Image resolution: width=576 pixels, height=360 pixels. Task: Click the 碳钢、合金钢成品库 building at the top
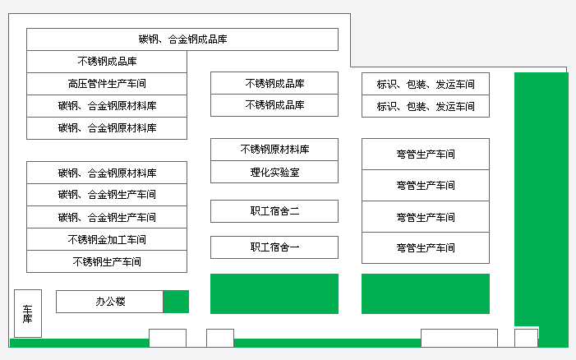coord(182,39)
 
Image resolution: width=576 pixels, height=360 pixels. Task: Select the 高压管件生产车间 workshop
coord(107,84)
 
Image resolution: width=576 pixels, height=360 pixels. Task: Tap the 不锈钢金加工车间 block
coord(107,239)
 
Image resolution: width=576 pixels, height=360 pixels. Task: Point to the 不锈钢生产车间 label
coord(107,262)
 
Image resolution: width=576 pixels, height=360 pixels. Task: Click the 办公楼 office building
coord(109,302)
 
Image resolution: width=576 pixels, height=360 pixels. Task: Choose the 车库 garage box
coord(28,313)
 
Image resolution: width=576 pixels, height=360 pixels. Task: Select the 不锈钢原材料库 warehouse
coord(274,150)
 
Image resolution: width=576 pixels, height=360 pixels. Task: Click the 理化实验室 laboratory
coord(274,172)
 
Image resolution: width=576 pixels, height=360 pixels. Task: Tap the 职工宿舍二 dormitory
coord(274,211)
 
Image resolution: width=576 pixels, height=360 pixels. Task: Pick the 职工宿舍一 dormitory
coord(274,247)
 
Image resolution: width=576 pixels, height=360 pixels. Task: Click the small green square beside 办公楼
coord(176,302)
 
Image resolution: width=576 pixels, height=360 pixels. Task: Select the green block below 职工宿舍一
coord(274,294)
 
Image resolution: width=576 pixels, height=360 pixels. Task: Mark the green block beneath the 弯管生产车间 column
coord(426,294)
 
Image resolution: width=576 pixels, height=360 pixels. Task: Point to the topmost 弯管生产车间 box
coord(426,155)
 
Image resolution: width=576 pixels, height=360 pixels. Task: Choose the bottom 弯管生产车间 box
coord(426,248)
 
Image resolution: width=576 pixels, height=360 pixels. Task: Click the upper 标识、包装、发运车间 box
coord(426,84)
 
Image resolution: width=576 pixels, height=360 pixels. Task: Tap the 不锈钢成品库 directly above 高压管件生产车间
coord(107,62)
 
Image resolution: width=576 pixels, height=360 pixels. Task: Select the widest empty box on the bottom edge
coord(459,339)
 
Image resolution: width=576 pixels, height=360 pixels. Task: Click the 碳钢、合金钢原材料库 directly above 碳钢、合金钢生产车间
coord(107,173)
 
